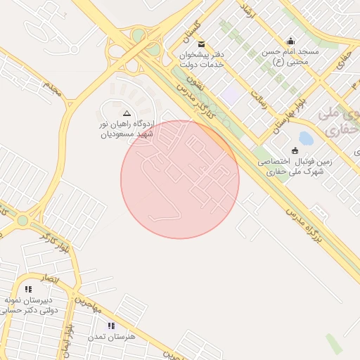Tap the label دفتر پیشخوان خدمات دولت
coord(202,59)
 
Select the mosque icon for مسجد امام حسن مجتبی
coord(291,41)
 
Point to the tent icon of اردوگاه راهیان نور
coord(127,112)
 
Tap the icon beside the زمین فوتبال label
coord(294,150)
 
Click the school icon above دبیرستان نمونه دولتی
coord(28,289)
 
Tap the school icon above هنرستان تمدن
coord(110,326)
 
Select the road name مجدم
coord(52,89)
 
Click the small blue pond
coord(306,139)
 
